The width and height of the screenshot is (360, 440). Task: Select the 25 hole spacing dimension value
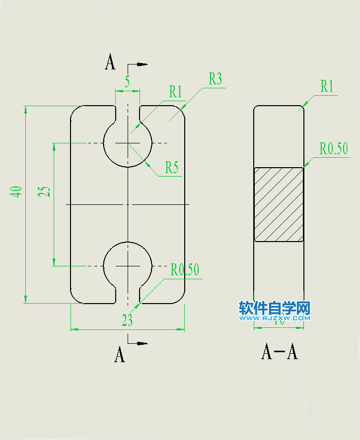45,191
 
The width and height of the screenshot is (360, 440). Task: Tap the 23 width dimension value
127,321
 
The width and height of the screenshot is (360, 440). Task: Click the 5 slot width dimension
128,81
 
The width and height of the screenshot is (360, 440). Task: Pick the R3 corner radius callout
215,79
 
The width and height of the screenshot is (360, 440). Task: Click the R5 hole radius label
171,168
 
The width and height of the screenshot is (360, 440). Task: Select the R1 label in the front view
175,92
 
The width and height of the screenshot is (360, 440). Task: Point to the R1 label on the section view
326,87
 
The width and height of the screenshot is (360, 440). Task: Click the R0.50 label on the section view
334,148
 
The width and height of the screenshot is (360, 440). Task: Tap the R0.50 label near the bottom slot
185,270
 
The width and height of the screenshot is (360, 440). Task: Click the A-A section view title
279,352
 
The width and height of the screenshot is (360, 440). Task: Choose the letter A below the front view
120,355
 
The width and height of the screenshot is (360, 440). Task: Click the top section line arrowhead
143,64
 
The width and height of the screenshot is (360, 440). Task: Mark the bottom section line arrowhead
143,343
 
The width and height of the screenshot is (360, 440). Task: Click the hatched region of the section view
279,204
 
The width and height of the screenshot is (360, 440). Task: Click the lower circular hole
128,266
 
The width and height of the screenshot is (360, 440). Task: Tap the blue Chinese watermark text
275,309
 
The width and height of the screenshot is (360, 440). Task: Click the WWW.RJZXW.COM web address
275,318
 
